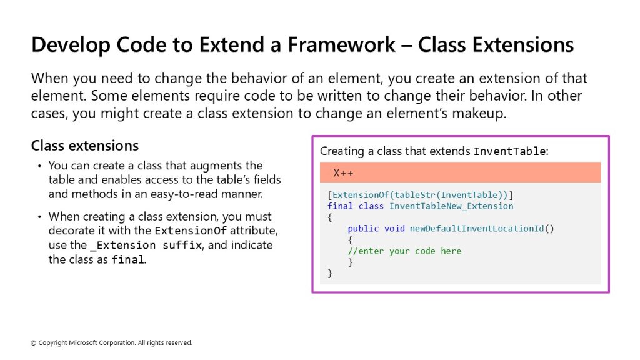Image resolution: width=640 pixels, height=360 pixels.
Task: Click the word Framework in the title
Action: pyautogui.click(x=341, y=44)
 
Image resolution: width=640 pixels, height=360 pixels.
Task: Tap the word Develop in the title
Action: pyautogui.click(x=71, y=46)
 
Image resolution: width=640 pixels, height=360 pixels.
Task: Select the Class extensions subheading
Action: pyautogui.click(x=85, y=146)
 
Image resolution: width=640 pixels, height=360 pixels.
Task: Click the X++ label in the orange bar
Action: pyautogui.click(x=343, y=172)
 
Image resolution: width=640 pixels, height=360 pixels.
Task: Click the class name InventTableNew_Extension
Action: pyautogui.click(x=451, y=206)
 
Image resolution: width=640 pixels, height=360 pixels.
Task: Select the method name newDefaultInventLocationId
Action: pyautogui.click(x=477, y=229)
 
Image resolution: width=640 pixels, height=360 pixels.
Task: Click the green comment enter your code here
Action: pyautogui.click(x=404, y=251)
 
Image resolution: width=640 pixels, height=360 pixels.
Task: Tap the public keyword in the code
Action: pyautogui.click(x=363, y=229)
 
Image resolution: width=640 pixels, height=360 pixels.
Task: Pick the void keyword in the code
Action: pyautogui.click(x=394, y=229)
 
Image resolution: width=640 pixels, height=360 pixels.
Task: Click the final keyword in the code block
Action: pyautogui.click(x=340, y=206)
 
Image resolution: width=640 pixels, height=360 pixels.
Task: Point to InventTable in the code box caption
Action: pyautogui.click(x=509, y=151)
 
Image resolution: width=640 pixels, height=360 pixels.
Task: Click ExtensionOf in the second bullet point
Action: pyautogui.click(x=191, y=231)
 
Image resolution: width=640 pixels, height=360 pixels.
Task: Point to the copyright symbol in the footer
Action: pyautogui.click(x=34, y=343)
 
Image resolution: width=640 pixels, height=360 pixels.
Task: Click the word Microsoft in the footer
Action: pyautogui.click(x=83, y=343)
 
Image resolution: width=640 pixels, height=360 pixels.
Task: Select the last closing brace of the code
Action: pyautogui.click(x=330, y=274)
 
